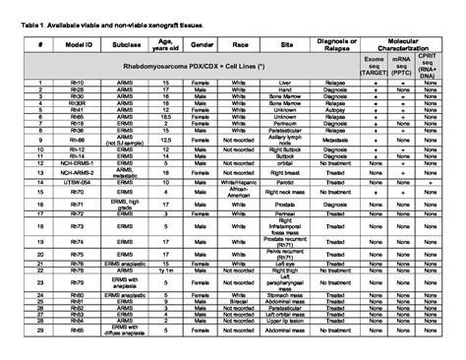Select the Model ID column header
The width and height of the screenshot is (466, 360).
point(77,44)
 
